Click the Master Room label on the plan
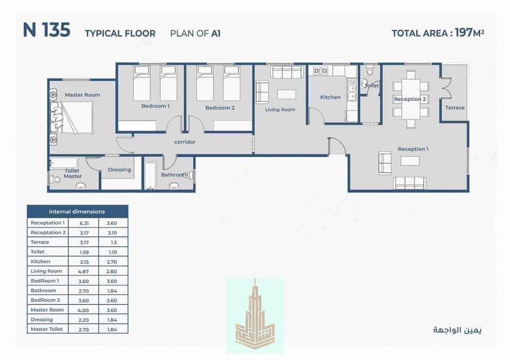pyautogui.click(x=82, y=95)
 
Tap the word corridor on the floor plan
pyautogui.click(x=185, y=142)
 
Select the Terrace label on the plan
pyautogui.click(x=455, y=107)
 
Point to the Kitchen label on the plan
pyautogui.click(x=330, y=97)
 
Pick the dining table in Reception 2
pyautogui.click(x=411, y=100)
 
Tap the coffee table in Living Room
pyautogui.click(x=287, y=95)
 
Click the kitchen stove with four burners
pyautogui.click(x=320, y=71)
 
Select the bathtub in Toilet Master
pyautogui.click(x=64, y=163)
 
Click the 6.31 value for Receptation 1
pyautogui.click(x=84, y=223)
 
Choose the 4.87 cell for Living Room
pyautogui.click(x=83, y=272)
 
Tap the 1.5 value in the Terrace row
pyautogui.click(x=113, y=242)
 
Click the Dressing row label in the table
pyautogui.click(x=41, y=320)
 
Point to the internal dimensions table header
pyautogui.click(x=77, y=211)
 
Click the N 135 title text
pyautogui.click(x=47, y=30)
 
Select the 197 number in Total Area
pyautogui.click(x=463, y=32)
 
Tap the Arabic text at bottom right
pyautogui.click(x=457, y=330)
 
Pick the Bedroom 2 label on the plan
pyautogui.click(x=220, y=108)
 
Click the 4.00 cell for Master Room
pyautogui.click(x=83, y=310)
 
